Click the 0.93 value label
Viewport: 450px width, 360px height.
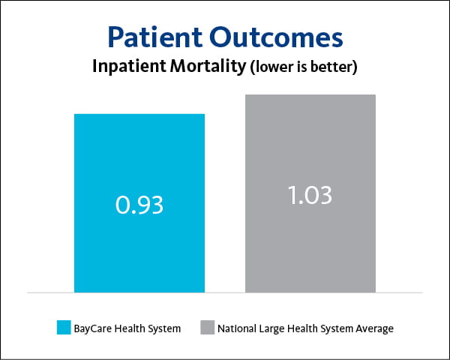point(139,204)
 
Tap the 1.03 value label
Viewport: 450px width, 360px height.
point(310,195)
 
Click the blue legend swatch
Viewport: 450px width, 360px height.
point(63,328)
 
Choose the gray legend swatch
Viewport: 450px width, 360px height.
point(206,328)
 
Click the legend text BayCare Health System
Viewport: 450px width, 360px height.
point(127,328)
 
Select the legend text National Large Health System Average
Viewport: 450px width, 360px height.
point(305,328)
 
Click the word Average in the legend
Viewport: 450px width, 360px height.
point(375,328)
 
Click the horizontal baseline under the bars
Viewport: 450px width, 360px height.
point(225,292)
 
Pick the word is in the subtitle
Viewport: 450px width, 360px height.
point(303,67)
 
